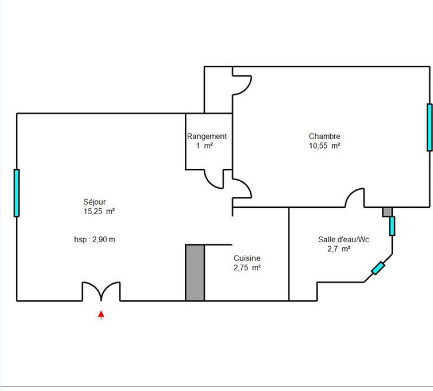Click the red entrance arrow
101,315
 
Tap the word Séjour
94,202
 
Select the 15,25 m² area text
99,211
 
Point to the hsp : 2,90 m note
94,240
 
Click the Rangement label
207,137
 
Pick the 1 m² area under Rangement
204,145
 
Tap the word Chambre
324,136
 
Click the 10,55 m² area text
324,146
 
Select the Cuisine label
247,258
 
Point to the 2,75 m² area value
247,268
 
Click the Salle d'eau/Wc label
344,240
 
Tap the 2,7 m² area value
339,249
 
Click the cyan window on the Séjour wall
17,193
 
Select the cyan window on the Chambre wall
430,128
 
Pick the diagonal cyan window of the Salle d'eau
378,268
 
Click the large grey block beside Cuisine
195,273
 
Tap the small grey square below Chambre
387,212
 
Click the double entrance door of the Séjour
101,291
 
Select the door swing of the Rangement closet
214,179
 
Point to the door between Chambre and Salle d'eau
355,197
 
